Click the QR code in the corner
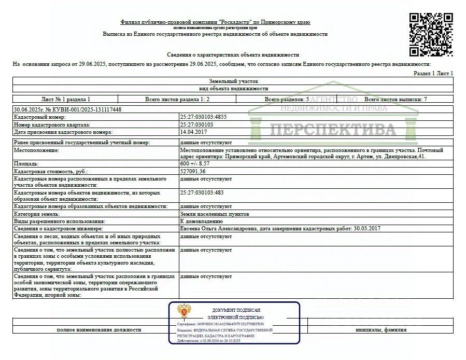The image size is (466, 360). coord(431,34)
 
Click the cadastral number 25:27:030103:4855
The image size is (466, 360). coord(203,117)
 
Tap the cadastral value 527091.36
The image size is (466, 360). coord(192,171)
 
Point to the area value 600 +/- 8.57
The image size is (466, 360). coord(195,163)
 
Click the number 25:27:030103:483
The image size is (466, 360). coord(202,192)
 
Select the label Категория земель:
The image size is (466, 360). coord(37,214)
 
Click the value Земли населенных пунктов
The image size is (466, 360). coord(214,214)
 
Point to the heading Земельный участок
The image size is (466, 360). coord(233,81)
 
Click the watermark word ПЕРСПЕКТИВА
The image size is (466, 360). coord(332,129)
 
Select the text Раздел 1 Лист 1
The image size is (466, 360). coord(433,74)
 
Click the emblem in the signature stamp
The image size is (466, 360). coord(183,312)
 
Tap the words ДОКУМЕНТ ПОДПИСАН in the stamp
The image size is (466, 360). coord(236,310)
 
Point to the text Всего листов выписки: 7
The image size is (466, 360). coord(396,99)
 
